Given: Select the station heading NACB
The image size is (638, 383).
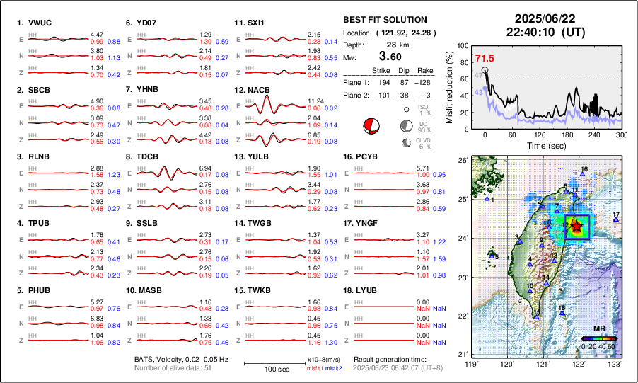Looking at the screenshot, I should click(x=256, y=91).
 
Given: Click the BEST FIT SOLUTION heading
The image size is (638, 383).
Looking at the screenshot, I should click(x=384, y=20).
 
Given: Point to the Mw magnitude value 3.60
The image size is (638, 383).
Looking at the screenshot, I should click(x=391, y=56).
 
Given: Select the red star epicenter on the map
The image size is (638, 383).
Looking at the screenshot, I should click(x=576, y=227).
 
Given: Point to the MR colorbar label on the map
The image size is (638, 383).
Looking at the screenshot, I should click(x=598, y=329).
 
